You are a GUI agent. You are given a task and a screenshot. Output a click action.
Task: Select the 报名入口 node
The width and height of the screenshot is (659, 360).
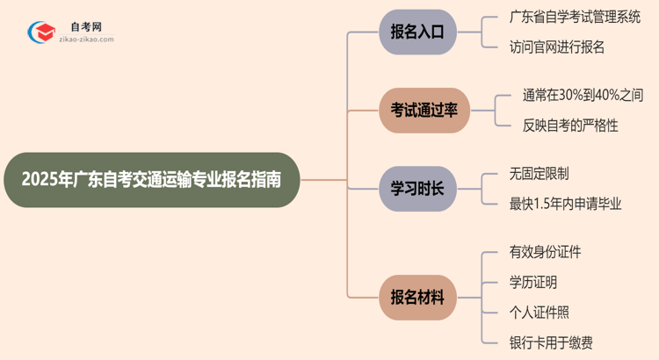(x=418, y=32)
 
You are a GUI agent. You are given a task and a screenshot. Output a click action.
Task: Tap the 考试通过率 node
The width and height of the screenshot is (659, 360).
(x=424, y=110)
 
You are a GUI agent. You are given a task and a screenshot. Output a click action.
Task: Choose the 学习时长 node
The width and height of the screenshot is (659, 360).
(x=418, y=188)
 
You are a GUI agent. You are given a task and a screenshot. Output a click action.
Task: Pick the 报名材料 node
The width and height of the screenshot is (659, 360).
(x=418, y=297)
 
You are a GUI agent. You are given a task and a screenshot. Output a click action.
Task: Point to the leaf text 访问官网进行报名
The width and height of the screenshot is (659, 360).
(x=556, y=47)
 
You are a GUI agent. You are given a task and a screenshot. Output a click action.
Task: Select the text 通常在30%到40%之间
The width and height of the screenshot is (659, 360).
(x=583, y=95)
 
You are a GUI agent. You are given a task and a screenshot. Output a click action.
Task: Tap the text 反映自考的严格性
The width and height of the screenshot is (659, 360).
(x=570, y=125)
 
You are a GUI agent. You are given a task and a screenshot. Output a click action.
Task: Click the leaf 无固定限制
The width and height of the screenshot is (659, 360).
(x=539, y=174)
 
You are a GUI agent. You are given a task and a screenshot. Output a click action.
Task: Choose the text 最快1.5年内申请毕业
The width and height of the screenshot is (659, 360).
(x=565, y=204)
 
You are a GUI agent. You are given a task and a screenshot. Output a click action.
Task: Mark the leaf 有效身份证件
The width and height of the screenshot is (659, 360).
(x=545, y=252)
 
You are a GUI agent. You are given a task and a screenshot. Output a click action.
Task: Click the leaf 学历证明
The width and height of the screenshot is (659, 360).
(x=532, y=282)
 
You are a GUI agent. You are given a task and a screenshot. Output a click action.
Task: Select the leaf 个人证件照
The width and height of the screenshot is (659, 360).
(x=539, y=312)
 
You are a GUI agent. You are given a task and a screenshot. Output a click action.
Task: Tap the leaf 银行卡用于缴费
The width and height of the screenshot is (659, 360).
(x=556, y=342)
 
